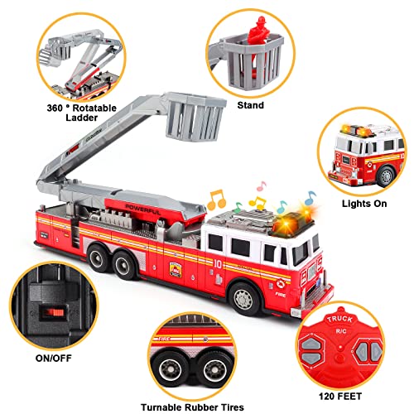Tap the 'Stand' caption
(249, 105)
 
